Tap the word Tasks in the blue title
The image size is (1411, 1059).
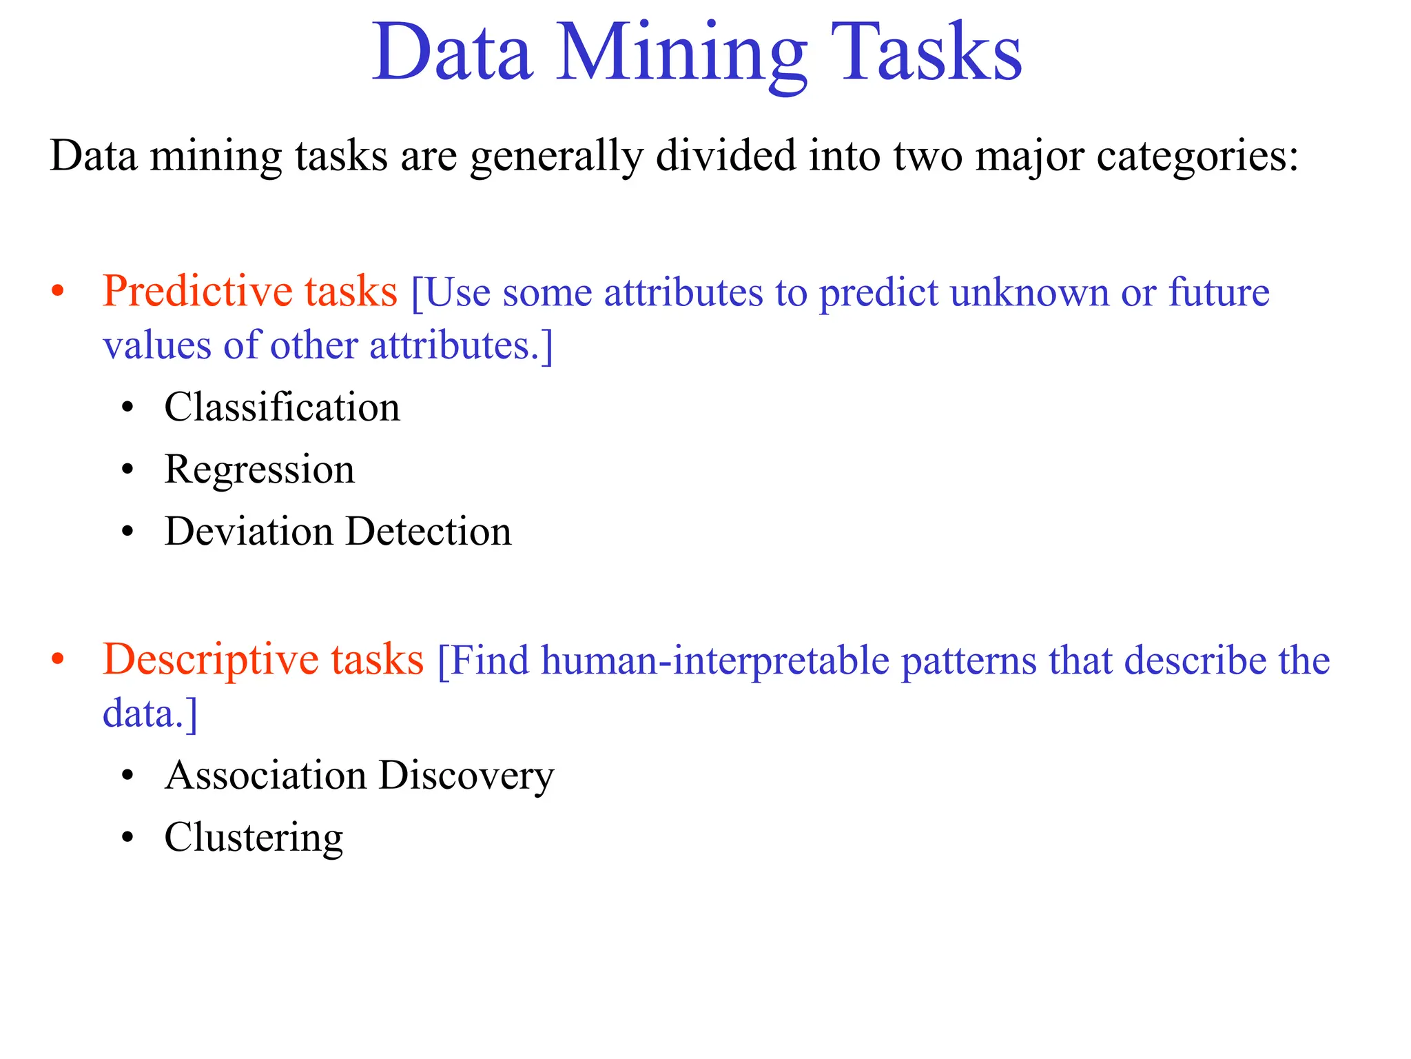click(926, 54)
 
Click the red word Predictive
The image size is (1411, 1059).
click(196, 291)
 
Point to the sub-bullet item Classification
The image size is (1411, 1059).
click(282, 407)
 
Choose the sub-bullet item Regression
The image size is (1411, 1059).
click(259, 470)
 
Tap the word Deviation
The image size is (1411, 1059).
click(249, 532)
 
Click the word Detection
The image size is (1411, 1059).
click(429, 532)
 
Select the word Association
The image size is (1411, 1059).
click(266, 776)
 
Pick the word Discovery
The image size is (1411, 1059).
click(466, 776)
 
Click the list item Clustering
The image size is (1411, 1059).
click(254, 838)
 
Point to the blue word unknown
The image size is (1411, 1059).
click(1029, 292)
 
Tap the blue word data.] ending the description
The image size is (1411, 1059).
click(150, 713)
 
